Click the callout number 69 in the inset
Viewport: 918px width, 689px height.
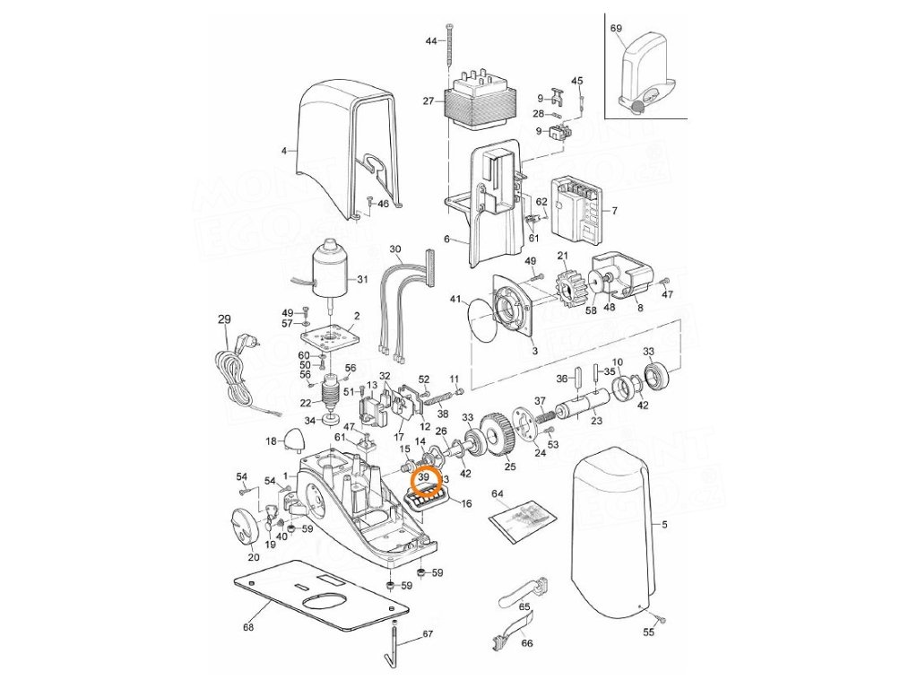(x=616, y=29)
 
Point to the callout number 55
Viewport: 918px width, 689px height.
(x=648, y=632)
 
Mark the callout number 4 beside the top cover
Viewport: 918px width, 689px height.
(x=284, y=151)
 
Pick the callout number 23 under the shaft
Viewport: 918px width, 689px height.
(x=596, y=420)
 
